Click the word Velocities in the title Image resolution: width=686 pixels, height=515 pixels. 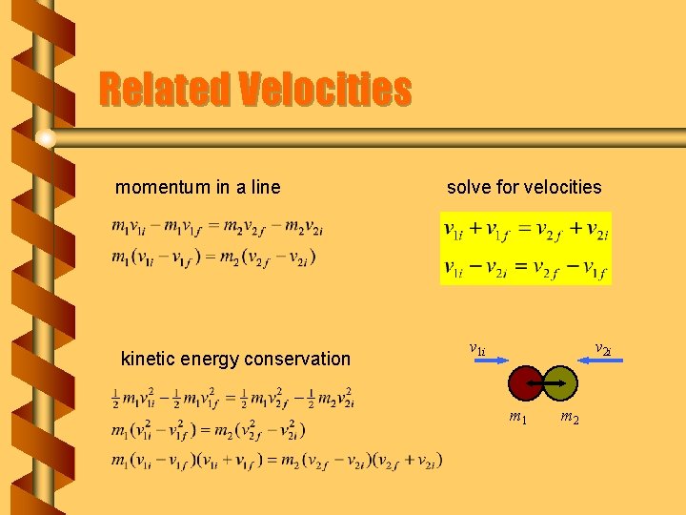point(325,91)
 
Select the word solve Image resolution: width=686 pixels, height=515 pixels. point(470,187)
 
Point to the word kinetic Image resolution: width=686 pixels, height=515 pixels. point(148,359)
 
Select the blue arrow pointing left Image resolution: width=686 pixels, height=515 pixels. point(603,360)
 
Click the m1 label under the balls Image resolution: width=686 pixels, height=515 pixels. point(518,417)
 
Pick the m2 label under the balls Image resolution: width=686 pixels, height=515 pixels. point(570,417)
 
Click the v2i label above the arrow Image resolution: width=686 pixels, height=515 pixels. point(602,348)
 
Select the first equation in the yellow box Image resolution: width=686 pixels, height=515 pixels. point(525,231)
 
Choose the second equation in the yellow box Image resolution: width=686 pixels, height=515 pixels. point(525,268)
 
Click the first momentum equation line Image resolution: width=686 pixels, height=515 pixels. point(217,228)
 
